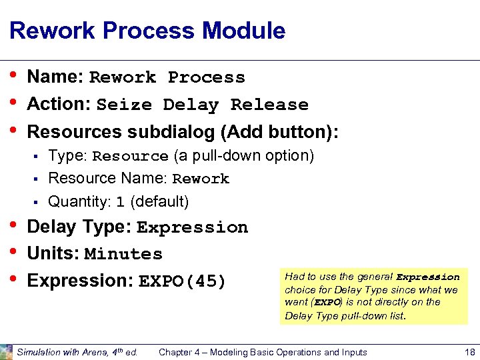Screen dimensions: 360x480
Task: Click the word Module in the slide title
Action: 243,31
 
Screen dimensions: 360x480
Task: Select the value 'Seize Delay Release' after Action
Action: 202,105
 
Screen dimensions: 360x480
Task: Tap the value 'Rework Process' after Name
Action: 167,78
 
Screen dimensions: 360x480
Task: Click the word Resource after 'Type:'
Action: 130,157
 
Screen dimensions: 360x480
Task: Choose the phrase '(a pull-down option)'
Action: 243,156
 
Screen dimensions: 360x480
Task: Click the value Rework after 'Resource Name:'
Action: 201,179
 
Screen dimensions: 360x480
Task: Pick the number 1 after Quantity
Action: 121,202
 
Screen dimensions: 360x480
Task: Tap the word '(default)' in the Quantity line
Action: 159,201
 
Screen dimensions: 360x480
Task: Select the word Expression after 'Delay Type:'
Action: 192,228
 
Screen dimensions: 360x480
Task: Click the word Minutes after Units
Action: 123,255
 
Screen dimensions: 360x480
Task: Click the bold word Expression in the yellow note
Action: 428,277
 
